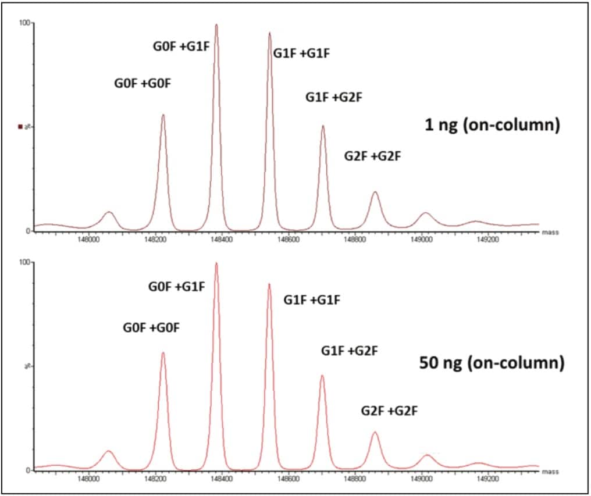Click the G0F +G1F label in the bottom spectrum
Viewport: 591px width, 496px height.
pyautogui.click(x=176, y=287)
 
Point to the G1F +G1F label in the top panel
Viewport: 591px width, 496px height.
pyautogui.click(x=301, y=54)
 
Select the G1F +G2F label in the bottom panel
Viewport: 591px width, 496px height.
pyautogui.click(x=350, y=351)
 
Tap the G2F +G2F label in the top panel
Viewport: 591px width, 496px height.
pyautogui.click(x=373, y=156)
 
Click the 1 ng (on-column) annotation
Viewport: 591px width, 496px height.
pyautogui.click(x=492, y=124)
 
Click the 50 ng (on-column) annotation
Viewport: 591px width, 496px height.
pyautogui.click(x=492, y=363)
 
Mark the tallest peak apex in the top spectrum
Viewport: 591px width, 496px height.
pyautogui.click(x=216, y=24)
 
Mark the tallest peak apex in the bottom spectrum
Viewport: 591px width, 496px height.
pyautogui.click(x=216, y=263)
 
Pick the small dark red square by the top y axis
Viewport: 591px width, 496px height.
pyautogui.click(x=20, y=126)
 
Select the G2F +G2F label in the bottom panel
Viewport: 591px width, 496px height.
pyautogui.click(x=390, y=411)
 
